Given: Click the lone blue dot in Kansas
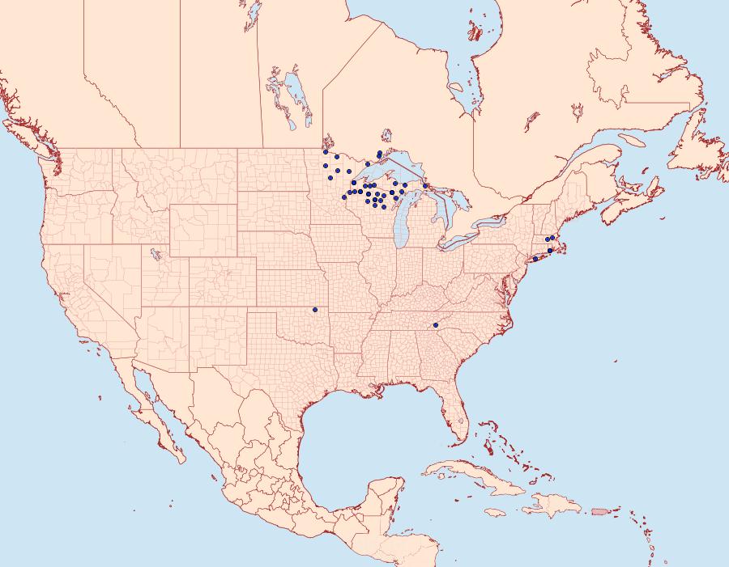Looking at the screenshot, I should pos(313,309).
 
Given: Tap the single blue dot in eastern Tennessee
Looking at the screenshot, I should pos(436,325).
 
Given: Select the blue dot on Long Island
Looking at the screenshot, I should pos(535,259).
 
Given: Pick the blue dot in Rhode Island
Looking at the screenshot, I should pos(549,251).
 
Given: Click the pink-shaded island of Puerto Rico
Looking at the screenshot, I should pos(600,510).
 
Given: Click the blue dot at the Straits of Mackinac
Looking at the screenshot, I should pos(425,186).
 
